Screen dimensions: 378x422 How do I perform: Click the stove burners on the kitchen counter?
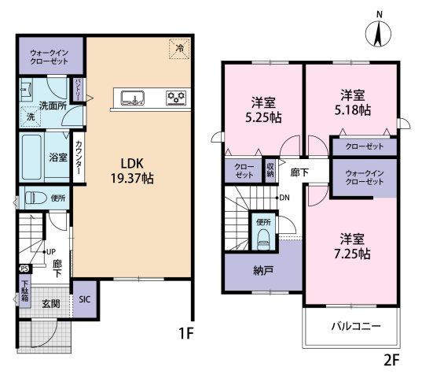(175, 98)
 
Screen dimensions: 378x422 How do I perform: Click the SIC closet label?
(84, 300)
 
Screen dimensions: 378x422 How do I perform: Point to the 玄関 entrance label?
(51, 303)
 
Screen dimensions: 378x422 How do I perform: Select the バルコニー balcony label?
(355, 326)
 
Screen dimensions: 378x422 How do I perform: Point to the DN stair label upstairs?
(284, 198)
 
